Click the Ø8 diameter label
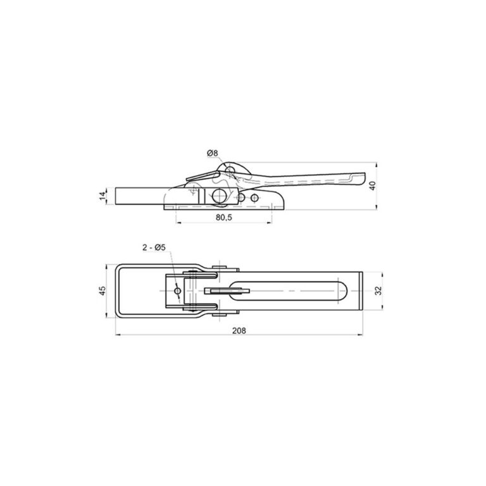click(213, 153)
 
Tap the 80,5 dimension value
click(224, 217)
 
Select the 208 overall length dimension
click(239, 331)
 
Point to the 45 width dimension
click(103, 290)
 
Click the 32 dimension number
click(378, 290)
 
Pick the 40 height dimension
click(373, 185)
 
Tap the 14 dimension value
click(103, 196)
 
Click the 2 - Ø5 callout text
click(154, 247)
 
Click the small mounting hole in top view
click(178, 290)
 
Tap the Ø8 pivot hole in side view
click(230, 170)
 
